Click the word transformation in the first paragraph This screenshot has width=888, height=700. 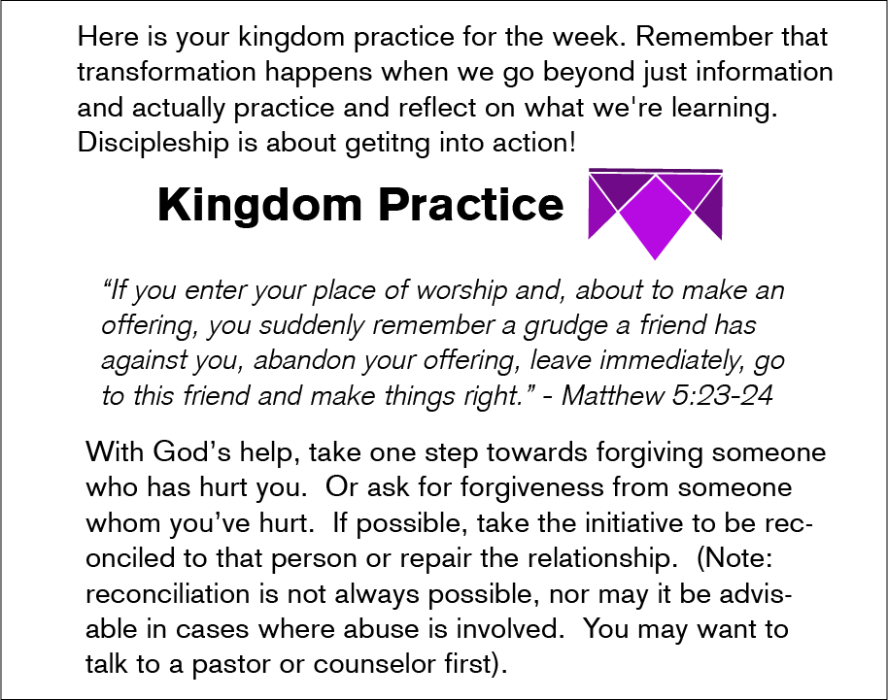coord(167,73)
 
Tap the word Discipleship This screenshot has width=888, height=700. coord(153,143)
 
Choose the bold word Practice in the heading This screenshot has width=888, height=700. coord(470,204)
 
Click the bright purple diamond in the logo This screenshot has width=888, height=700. coord(655,217)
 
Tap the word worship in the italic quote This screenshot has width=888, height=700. coord(461,291)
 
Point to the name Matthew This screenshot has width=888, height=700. coord(611,395)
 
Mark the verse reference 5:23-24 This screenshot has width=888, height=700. coord(722,395)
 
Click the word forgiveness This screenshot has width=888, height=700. coord(531,488)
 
